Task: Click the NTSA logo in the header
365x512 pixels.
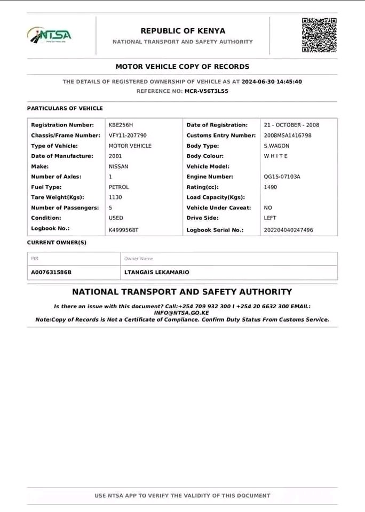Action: (49, 35)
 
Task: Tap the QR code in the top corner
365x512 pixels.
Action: (319, 35)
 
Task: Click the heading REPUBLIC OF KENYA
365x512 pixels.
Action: (182, 31)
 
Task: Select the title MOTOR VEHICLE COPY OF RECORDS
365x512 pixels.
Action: (182, 67)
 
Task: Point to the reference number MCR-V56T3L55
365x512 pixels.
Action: (207, 91)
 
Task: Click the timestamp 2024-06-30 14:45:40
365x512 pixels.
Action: (272, 82)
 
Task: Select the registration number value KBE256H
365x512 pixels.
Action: (121, 125)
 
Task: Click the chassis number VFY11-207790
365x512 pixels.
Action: (128, 135)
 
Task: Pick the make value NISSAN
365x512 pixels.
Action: (118, 166)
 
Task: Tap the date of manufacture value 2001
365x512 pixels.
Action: (115, 156)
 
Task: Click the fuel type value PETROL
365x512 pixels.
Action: (118, 187)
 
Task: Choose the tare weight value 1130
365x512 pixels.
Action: (115, 197)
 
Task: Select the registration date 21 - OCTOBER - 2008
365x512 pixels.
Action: (291, 125)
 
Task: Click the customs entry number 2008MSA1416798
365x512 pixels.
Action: (288, 135)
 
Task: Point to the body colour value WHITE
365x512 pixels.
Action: (276, 156)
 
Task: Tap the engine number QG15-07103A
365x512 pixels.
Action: (282, 177)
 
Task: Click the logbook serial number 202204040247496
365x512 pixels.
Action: (288, 230)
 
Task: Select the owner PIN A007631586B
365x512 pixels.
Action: (51, 272)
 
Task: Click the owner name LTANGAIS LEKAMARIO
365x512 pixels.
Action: (156, 272)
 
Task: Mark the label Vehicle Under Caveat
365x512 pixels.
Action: (219, 207)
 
